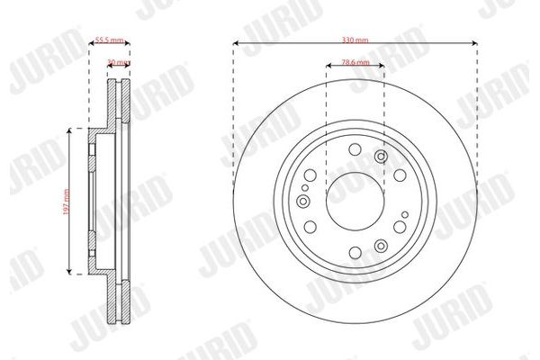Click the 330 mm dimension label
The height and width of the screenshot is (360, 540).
(x=355, y=40)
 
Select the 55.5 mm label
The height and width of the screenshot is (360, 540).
(x=110, y=40)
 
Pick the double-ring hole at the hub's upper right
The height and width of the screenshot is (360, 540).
(x=380, y=158)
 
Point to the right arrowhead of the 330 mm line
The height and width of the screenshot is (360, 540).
(x=473, y=42)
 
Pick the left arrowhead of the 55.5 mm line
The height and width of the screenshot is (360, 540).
(x=92, y=42)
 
